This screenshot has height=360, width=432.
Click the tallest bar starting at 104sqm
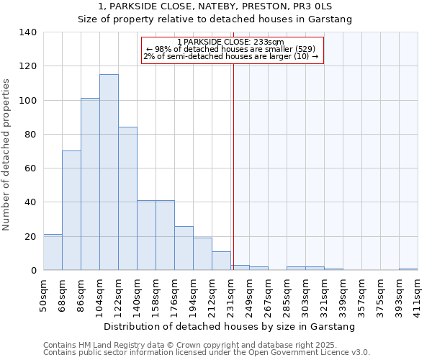click(109, 173)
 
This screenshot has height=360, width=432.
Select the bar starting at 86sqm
click(90, 184)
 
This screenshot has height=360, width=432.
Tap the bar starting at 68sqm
click(71, 210)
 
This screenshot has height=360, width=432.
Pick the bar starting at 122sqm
click(127, 199)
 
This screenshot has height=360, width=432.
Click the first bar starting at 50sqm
click(53, 252)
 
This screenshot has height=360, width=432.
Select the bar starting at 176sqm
click(184, 248)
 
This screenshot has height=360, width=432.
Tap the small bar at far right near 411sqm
click(408, 269)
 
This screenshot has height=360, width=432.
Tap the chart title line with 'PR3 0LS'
click(215, 6)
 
